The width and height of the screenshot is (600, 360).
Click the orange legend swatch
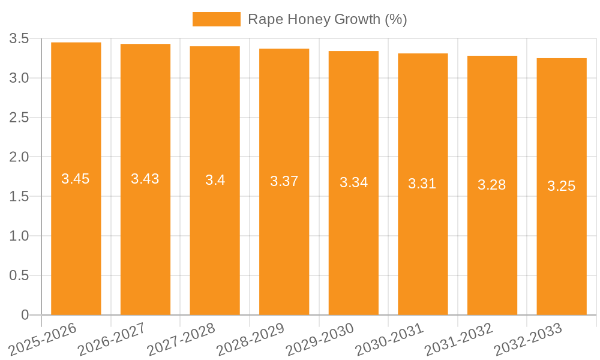click(216, 19)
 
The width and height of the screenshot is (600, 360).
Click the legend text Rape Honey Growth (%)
click(327, 19)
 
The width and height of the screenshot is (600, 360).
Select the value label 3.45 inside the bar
click(76, 179)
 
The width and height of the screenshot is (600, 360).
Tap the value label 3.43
click(145, 179)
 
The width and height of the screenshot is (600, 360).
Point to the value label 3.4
click(215, 180)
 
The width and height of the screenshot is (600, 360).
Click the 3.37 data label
click(284, 181)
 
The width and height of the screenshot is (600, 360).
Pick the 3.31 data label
click(422, 184)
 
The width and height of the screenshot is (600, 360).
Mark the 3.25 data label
click(562, 186)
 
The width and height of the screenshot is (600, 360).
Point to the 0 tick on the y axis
click(25, 315)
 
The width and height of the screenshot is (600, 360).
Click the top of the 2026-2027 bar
click(145, 44)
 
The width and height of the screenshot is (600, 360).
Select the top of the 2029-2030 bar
click(353, 52)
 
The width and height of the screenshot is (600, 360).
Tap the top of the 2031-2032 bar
click(492, 56)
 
